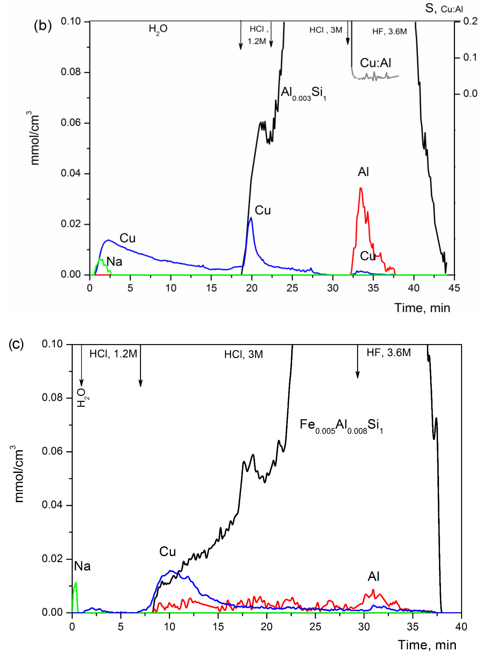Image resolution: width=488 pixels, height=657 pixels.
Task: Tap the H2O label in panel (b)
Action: coord(158,29)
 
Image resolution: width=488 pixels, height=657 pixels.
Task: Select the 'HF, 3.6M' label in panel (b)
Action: coord(389,31)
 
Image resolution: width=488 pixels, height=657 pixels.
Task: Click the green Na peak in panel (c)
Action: coord(76,583)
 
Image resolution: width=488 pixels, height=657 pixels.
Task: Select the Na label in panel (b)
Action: coord(114,261)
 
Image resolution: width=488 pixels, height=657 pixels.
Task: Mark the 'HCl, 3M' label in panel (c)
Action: coord(243,354)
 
